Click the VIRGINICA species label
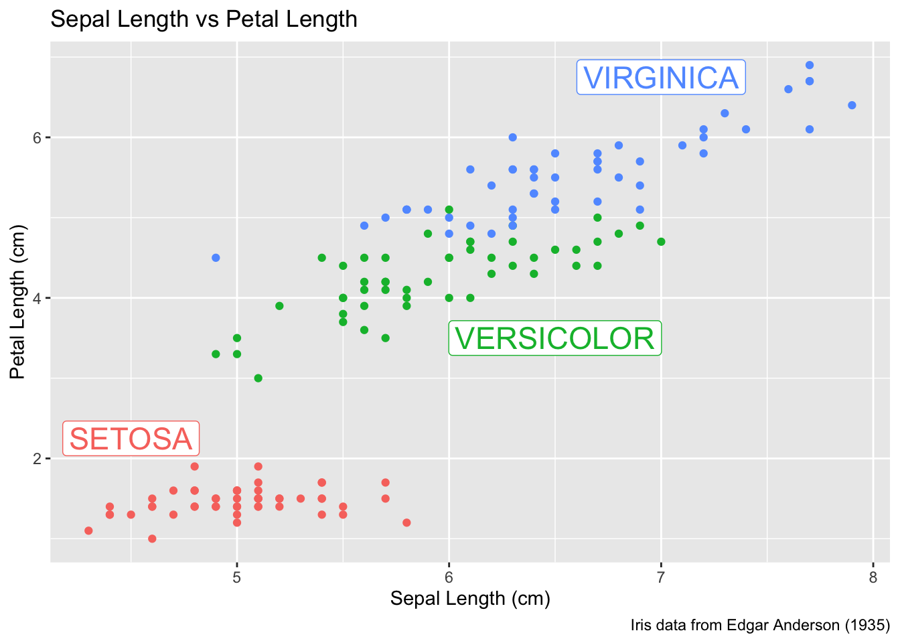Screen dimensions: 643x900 click(661, 78)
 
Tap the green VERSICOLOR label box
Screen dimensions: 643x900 click(554, 338)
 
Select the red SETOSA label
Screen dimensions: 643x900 click(131, 439)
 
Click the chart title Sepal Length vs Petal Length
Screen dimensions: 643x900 click(204, 19)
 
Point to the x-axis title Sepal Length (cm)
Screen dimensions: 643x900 click(470, 598)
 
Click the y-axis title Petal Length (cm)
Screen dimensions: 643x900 click(17, 301)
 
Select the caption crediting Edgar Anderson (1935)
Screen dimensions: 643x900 click(759, 626)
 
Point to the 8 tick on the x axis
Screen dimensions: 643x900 click(873, 577)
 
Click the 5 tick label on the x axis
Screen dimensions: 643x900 click(237, 577)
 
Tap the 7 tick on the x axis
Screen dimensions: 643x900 click(661, 577)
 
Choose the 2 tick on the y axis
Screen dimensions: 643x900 click(37, 459)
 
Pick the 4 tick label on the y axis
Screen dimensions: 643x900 click(37, 298)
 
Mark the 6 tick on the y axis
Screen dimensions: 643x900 click(37, 137)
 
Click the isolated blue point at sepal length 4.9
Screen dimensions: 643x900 click(216, 258)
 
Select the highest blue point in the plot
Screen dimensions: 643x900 click(810, 65)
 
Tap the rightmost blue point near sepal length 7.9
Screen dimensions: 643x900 click(852, 105)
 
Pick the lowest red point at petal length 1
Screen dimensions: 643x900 click(152, 539)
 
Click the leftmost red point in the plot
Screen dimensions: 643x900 click(88, 530)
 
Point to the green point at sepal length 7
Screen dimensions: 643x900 click(661, 242)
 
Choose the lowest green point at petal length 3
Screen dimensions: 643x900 click(258, 378)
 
